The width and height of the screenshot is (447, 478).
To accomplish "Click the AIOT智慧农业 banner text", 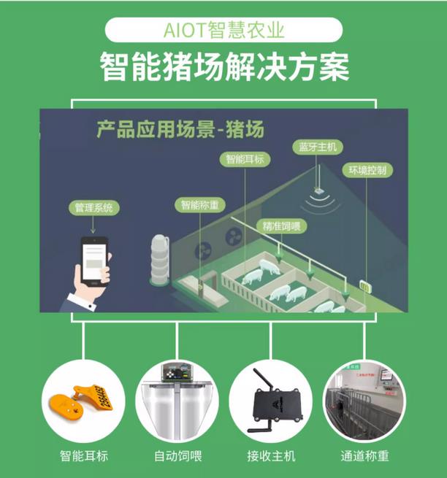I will pyautogui.click(x=223, y=31).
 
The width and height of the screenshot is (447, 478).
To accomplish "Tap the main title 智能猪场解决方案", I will pyautogui.click(x=223, y=68).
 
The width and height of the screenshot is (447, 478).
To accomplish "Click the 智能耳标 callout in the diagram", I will pyautogui.click(x=245, y=158).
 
